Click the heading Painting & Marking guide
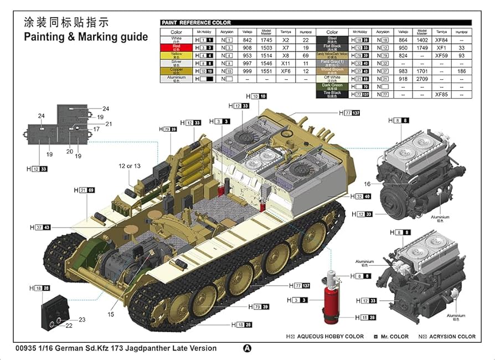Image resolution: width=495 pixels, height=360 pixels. click(x=86, y=37)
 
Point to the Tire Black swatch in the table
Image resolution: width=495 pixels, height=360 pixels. click(x=332, y=94)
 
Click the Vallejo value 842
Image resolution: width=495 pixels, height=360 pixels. click(x=247, y=40)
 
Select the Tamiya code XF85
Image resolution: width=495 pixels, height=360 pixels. click(x=441, y=94)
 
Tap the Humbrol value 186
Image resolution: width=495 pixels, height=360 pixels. click(x=462, y=71)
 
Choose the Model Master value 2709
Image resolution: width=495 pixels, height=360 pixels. click(x=421, y=79)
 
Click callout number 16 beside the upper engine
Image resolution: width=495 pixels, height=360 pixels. click(x=367, y=184)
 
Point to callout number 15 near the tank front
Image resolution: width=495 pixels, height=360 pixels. click(x=111, y=315)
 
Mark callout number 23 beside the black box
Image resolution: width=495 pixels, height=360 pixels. click(x=82, y=320)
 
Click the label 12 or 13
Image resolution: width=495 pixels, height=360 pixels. click(x=129, y=166)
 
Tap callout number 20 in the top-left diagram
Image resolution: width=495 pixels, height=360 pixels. click(x=70, y=151)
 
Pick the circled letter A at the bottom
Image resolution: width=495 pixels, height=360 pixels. click(x=247, y=348)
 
